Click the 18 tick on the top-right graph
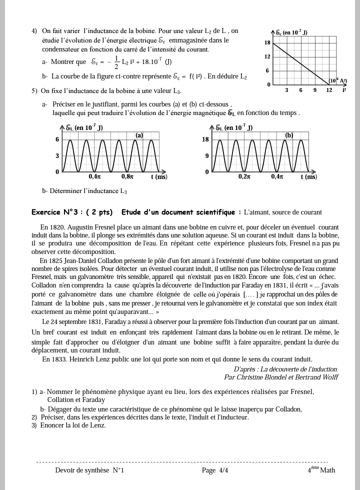pyautogui.click(x=267, y=43)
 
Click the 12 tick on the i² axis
pyautogui.click(x=329, y=90)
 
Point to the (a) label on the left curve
pyautogui.click(x=139, y=135)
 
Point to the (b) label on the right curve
pyautogui.click(x=289, y=135)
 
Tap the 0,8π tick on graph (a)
pyautogui.click(x=127, y=176)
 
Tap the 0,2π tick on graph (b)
pyautogui.click(x=244, y=176)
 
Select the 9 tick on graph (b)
pyautogui.click(x=206, y=156)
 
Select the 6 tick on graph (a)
pyautogui.click(x=57, y=139)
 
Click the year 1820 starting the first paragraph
pyautogui.click(x=57, y=227)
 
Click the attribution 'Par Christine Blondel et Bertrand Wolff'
pyautogui.click(x=280, y=377)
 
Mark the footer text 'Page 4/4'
pyautogui.click(x=215, y=470)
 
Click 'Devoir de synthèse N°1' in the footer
pyautogui.click(x=89, y=470)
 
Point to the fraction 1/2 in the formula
pyautogui.click(x=116, y=62)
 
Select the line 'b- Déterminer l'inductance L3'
pyautogui.click(x=84, y=191)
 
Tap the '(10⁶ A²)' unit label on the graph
pyautogui.click(x=337, y=81)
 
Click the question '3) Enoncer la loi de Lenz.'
pyautogui.click(x=68, y=425)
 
